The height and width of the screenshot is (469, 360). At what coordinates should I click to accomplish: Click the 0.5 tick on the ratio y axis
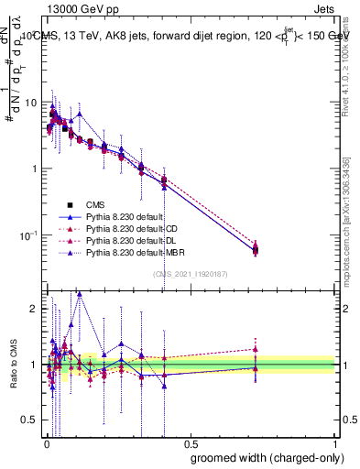pos(31,420)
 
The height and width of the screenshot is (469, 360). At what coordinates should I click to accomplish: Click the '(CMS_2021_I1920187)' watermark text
pos(190,274)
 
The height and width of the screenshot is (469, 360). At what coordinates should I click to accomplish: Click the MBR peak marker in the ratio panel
pos(80,295)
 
